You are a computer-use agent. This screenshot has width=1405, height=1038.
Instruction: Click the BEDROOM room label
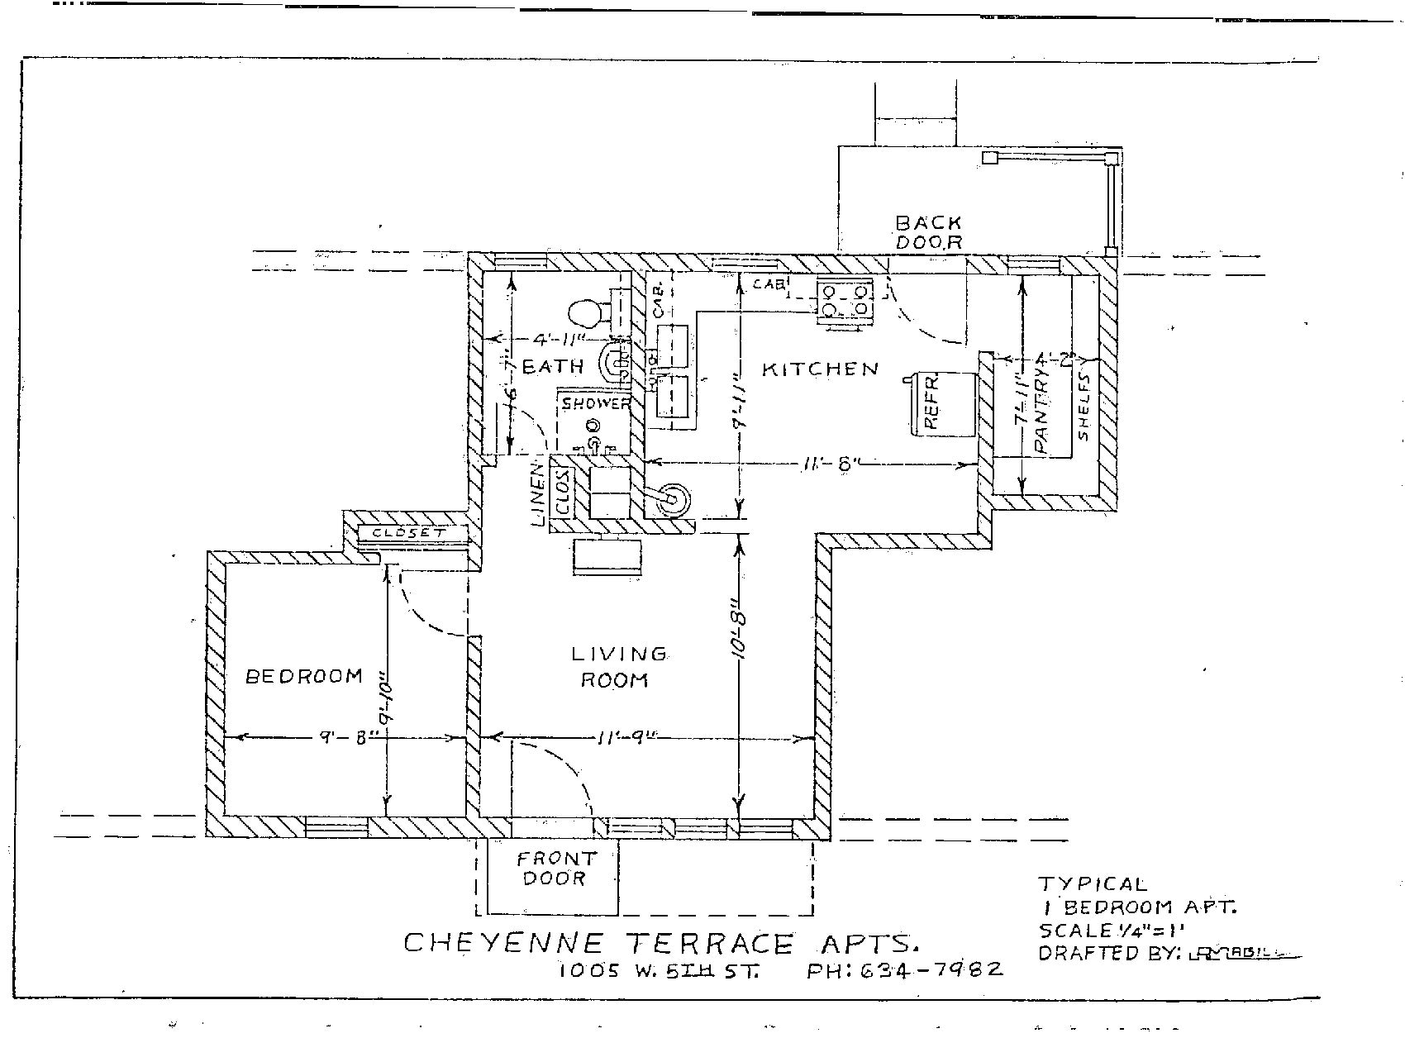pyautogui.click(x=304, y=676)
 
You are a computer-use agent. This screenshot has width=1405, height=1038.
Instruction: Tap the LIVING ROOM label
pyautogui.click(x=617, y=667)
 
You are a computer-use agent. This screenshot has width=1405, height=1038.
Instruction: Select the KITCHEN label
pyautogui.click(x=820, y=369)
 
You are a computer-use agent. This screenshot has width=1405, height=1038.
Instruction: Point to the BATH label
pyautogui.click(x=553, y=366)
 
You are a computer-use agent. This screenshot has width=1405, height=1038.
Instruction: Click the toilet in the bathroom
pyautogui.click(x=588, y=313)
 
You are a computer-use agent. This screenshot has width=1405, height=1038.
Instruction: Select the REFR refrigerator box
pyautogui.click(x=943, y=404)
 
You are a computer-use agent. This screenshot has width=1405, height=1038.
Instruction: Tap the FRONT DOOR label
pyautogui.click(x=555, y=869)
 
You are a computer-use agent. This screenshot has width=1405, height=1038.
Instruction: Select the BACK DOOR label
pyautogui.click(x=929, y=232)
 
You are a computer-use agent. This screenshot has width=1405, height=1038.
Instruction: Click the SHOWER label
pyautogui.click(x=596, y=403)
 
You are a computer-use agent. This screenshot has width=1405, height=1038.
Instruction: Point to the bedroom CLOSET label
pyautogui.click(x=407, y=533)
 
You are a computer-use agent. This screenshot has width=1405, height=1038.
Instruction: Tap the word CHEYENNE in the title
pyautogui.click(x=504, y=943)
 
